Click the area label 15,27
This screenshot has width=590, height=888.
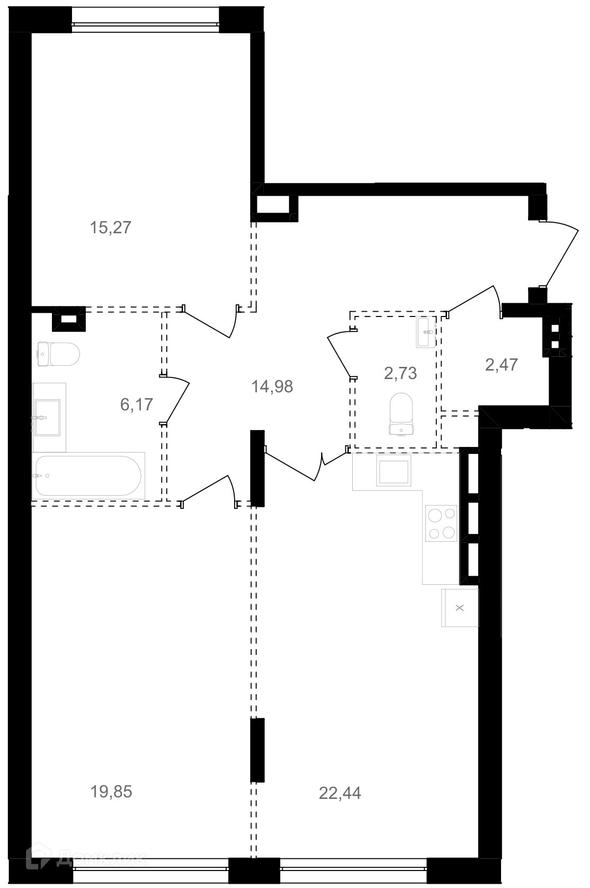[x=111, y=228]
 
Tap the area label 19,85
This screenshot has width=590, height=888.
[x=111, y=792]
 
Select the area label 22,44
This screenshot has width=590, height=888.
[x=339, y=793]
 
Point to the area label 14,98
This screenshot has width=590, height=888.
[x=272, y=386]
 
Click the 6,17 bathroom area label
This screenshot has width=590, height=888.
[x=137, y=405]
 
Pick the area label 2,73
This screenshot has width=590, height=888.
[x=400, y=373]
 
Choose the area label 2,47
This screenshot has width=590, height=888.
[x=502, y=365]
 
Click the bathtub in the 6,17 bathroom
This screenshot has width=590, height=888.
[x=88, y=476]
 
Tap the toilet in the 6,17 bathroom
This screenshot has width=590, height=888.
[x=59, y=354]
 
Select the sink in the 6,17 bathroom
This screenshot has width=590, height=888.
[x=47, y=417]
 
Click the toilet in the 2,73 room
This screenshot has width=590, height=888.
[x=401, y=414]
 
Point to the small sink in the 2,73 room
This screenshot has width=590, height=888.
[x=426, y=332]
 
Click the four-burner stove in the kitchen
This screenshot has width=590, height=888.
[x=441, y=523]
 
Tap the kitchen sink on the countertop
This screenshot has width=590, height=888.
[x=394, y=470]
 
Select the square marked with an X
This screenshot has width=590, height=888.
[x=460, y=608]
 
